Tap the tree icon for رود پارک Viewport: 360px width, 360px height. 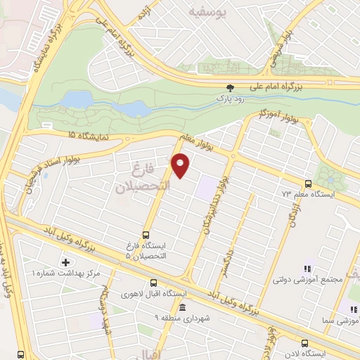coord(230,88)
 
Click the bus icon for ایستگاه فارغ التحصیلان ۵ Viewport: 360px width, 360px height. coord(146,235)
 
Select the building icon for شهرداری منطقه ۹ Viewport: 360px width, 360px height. coord(182,308)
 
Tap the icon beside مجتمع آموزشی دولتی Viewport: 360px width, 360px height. coord(307,269)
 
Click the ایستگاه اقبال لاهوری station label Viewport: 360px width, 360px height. coord(153,293)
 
